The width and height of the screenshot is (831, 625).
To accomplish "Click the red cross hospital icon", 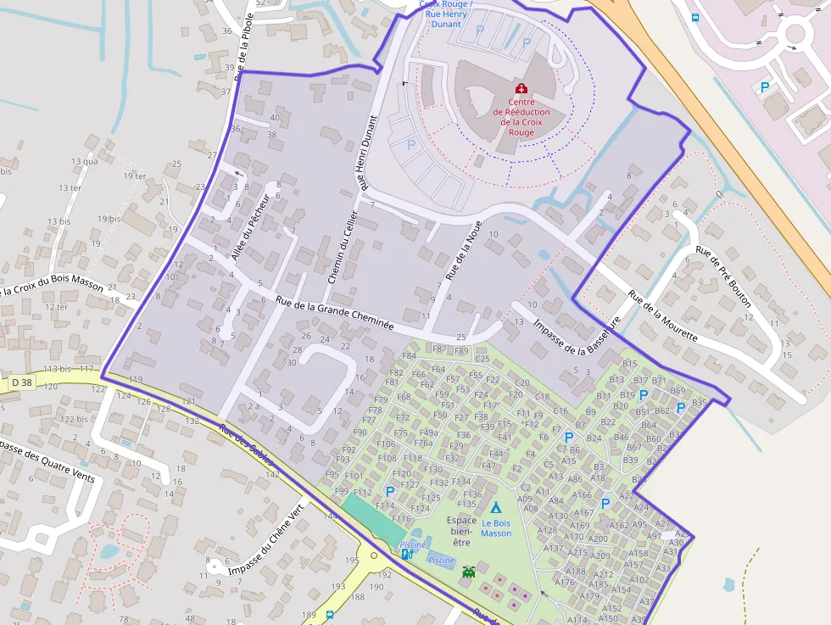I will coord(521,88).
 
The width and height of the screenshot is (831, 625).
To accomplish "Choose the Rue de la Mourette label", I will coord(663,316).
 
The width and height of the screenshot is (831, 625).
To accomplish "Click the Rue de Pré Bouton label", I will coord(723,276).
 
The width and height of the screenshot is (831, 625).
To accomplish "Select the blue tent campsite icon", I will coord(496,506).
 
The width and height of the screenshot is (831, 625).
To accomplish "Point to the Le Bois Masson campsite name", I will coord(496,528).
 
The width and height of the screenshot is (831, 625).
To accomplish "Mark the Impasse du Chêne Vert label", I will coord(265,543).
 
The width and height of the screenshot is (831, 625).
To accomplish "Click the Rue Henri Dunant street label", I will coord(364,153).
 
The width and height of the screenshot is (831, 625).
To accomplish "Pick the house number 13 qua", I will coord(85,161).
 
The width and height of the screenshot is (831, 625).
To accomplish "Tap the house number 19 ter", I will coord(135,176).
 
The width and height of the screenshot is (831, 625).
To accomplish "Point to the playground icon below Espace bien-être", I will coord(469,572).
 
